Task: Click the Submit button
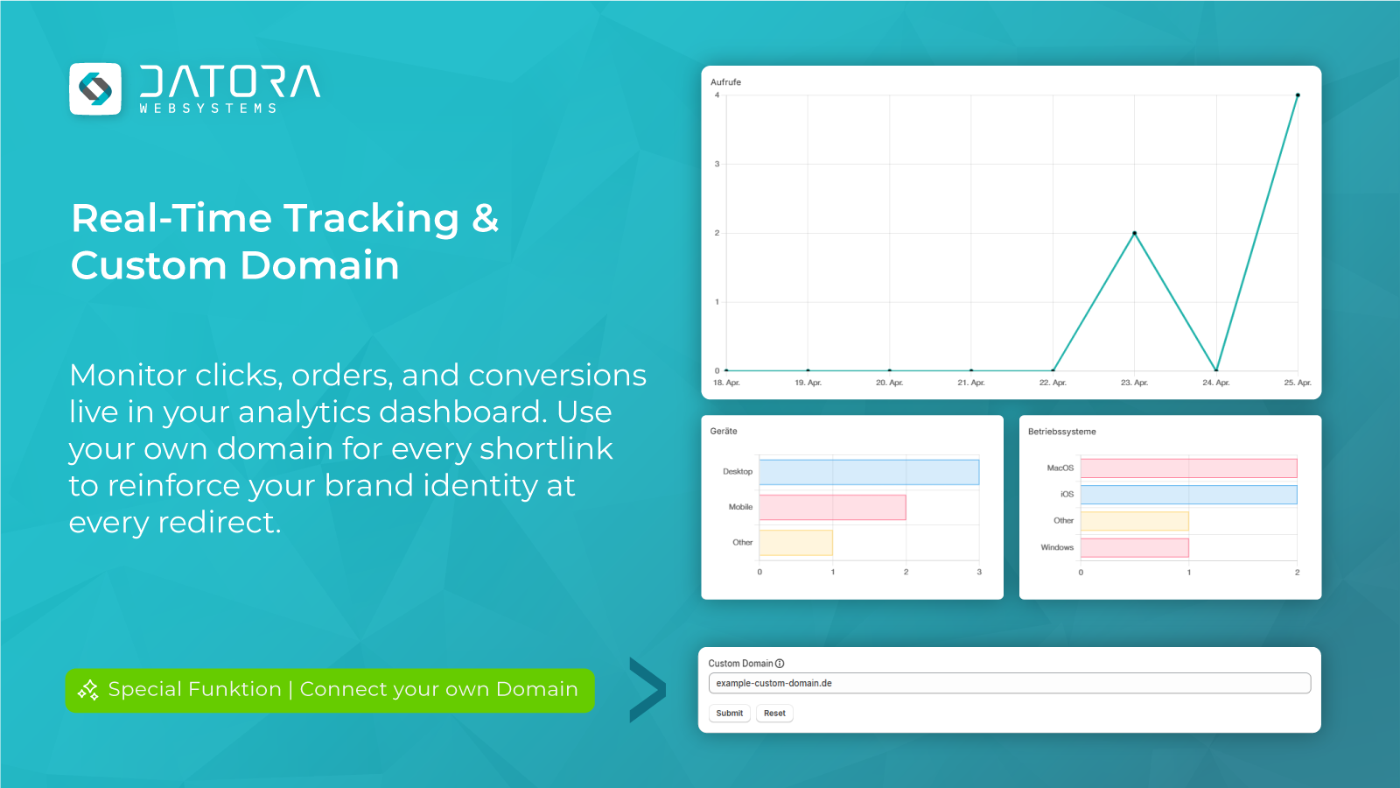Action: [729, 714]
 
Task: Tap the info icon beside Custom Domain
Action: [780, 664]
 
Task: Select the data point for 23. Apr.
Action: [1134, 233]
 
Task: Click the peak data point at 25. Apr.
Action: [1298, 95]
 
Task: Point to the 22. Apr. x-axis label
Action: [1053, 383]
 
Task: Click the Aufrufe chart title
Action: [725, 82]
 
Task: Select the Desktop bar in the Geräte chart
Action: [869, 472]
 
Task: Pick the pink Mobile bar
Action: [832, 507]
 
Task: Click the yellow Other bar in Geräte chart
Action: [795, 543]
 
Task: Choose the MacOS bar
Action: [1188, 468]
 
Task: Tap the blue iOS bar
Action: [1188, 495]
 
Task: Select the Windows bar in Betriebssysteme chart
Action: [1134, 548]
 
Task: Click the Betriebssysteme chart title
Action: [1061, 432]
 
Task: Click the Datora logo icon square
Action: [95, 88]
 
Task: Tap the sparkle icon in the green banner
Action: [88, 690]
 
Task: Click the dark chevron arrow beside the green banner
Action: [647, 690]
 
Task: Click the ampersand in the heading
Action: [485, 219]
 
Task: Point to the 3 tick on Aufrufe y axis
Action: [717, 164]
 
